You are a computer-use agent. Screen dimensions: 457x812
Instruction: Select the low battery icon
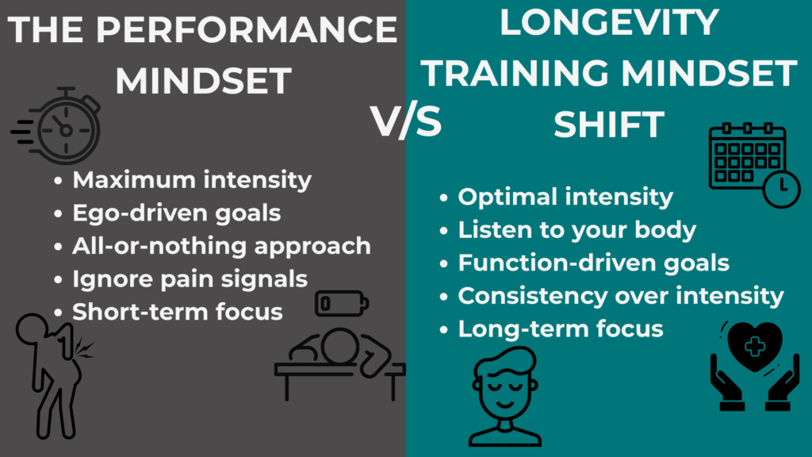342,303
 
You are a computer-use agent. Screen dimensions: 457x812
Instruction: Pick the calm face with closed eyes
505,397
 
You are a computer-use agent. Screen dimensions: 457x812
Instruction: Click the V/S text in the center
406,123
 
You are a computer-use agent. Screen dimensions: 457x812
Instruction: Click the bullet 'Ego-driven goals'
177,213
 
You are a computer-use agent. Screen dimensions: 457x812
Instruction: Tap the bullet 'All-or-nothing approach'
221,246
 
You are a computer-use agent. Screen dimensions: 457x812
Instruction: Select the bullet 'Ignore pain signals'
190,278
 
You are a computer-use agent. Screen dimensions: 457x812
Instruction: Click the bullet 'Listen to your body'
576,230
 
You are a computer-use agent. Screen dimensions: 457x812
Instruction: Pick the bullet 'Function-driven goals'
593,263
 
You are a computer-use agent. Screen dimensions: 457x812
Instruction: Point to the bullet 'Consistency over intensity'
620,296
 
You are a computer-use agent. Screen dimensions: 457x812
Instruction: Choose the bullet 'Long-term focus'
560,328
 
